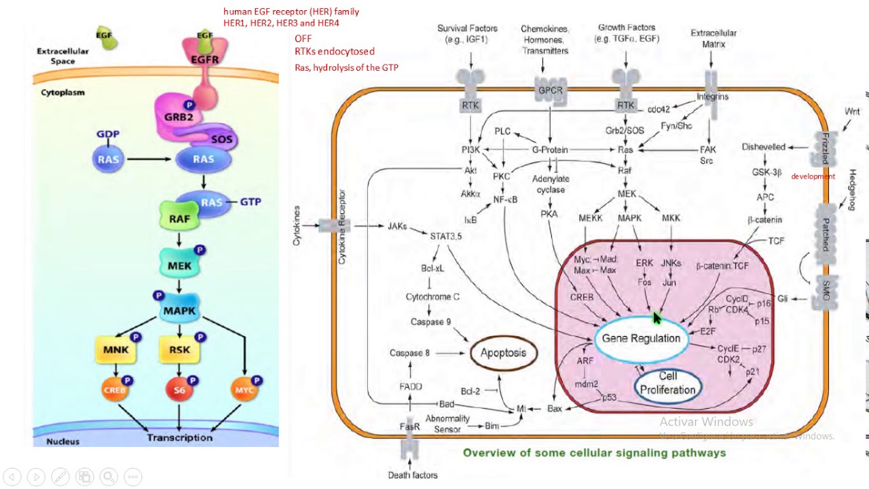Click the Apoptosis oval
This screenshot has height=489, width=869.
503,352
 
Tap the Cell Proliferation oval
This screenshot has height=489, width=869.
667,383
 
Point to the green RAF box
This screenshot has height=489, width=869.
179,219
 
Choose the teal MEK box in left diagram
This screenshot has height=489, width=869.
179,265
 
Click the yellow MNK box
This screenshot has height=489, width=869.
116,350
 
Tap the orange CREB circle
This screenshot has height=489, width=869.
116,390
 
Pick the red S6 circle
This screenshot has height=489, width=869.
179,390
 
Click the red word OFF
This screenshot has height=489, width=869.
303,39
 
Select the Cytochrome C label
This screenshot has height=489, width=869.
432,297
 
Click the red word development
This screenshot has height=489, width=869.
813,177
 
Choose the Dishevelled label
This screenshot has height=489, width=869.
763,147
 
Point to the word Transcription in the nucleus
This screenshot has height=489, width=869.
180,437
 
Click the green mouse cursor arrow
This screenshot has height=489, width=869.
657,319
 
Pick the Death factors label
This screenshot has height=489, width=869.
413,475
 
